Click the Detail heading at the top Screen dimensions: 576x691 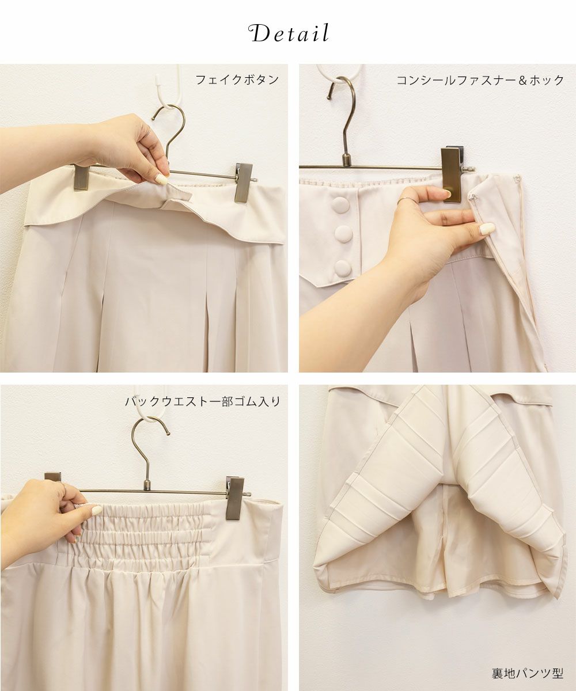pyautogui.click(x=289, y=33)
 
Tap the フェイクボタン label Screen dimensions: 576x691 pyautogui.click(x=237, y=80)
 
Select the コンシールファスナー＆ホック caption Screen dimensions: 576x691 pyautogui.click(x=480, y=80)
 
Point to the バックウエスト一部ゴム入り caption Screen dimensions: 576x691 pyautogui.click(x=203, y=402)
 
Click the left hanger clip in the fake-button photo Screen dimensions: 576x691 pyautogui.click(x=81, y=177)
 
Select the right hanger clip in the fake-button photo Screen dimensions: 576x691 pyautogui.click(x=244, y=183)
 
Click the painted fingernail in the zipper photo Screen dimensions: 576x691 pyautogui.click(x=487, y=228)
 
